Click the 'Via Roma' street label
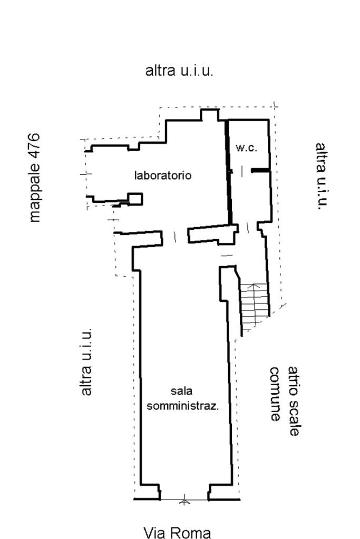177,533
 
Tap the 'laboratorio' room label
163,175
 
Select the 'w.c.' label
246,148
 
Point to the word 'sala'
182,391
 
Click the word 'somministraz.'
182,406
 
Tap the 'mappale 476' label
34,177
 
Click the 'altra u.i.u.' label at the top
179,71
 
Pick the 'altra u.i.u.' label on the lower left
86,361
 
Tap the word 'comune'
275,394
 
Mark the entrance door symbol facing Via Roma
184,499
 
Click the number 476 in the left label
34,145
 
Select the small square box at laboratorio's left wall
135,199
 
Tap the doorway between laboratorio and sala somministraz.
175,237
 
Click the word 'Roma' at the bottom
193,533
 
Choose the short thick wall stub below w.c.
260,170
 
